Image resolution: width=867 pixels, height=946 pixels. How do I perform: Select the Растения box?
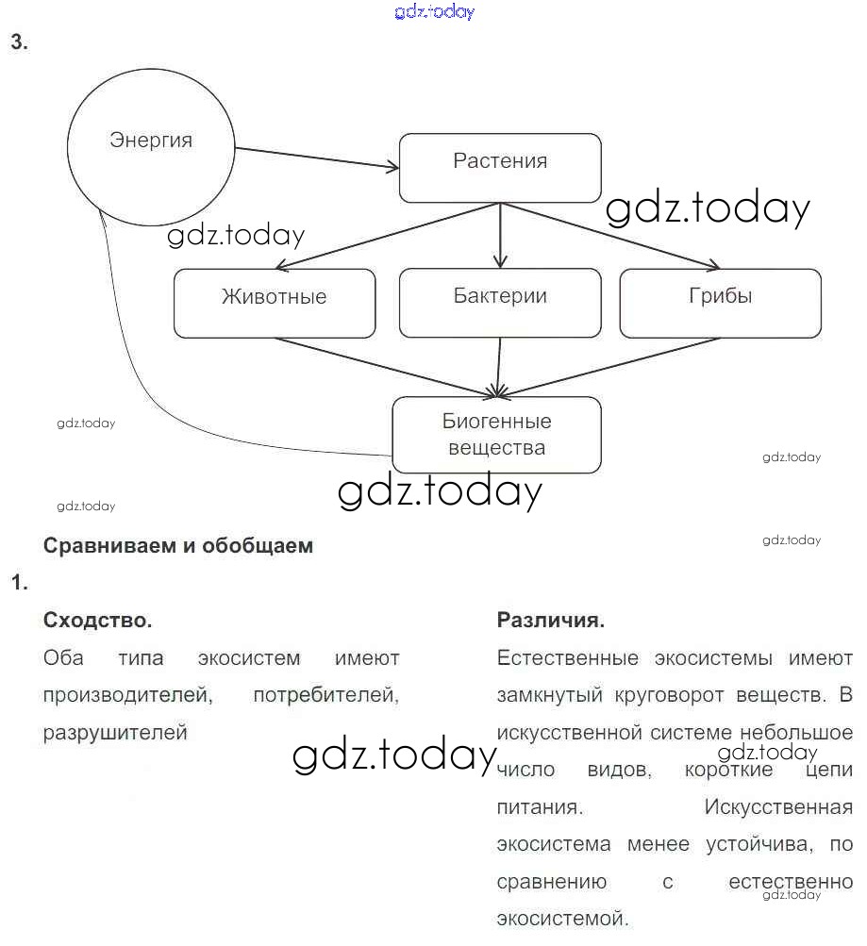pos(500,168)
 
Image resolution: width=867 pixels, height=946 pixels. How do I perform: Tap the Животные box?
pos(275,304)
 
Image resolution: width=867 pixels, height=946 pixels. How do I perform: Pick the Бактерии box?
pos(500,304)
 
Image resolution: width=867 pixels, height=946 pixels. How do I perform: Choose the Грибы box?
pos(720,304)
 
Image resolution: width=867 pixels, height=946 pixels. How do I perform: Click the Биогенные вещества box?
pos(496,435)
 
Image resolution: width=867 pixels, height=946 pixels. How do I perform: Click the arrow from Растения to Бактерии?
pos(500,236)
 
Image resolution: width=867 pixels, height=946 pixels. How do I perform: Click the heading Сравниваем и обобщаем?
pos(178,545)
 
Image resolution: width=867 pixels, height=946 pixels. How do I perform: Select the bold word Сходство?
pos(98,621)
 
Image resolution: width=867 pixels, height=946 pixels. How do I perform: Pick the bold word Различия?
pos(551,621)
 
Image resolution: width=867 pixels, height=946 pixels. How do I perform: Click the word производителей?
pos(125,695)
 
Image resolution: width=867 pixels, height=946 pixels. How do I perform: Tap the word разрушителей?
pos(115,733)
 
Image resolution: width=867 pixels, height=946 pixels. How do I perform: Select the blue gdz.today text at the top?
pos(433,12)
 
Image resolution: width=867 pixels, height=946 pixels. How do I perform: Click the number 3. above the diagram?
pos(19,42)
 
